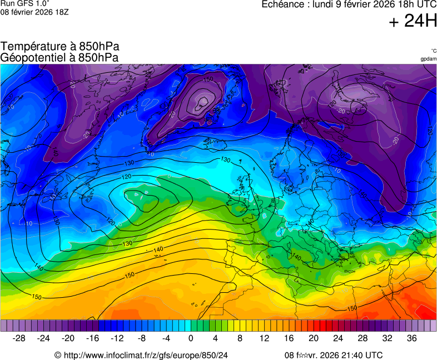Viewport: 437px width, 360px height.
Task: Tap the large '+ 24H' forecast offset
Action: [x=413, y=22]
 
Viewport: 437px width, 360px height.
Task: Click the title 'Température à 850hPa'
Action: [x=59, y=47]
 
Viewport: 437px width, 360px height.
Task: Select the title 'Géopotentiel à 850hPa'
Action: [x=59, y=57]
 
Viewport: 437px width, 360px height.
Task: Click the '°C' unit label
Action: [x=433, y=51]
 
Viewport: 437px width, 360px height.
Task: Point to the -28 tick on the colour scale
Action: [x=19, y=338]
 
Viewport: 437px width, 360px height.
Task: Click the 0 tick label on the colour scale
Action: [x=191, y=338]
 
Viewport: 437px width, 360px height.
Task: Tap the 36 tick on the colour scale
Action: [x=412, y=338]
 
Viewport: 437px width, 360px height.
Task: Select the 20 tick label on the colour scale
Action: [x=314, y=338]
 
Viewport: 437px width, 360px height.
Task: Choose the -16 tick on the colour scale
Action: [x=92, y=338]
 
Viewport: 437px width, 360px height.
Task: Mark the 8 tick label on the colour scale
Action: [x=240, y=338]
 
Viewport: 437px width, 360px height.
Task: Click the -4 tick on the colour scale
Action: [x=166, y=338]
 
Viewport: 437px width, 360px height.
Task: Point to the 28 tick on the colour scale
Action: [x=362, y=338]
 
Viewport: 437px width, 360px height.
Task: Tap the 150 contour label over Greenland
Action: [x=208, y=79]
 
